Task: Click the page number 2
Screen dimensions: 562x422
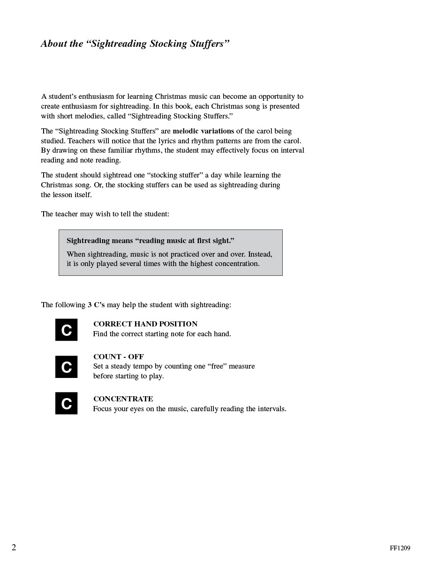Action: pos(14,547)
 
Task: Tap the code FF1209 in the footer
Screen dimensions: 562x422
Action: pos(399,548)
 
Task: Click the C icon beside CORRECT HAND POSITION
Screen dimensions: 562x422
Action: pos(66,330)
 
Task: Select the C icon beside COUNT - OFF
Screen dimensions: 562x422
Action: pos(66,367)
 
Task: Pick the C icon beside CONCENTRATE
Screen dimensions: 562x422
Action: pos(66,403)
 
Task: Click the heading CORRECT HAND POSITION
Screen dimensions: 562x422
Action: pos(145,324)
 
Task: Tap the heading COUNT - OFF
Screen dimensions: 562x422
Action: pos(118,357)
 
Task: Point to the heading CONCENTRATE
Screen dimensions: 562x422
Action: pos(123,399)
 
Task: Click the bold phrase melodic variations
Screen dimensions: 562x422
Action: pos(203,131)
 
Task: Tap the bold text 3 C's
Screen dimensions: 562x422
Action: pos(96,305)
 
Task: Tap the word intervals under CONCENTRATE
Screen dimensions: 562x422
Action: pos(271,409)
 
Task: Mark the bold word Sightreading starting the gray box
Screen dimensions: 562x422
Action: pos(88,241)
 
